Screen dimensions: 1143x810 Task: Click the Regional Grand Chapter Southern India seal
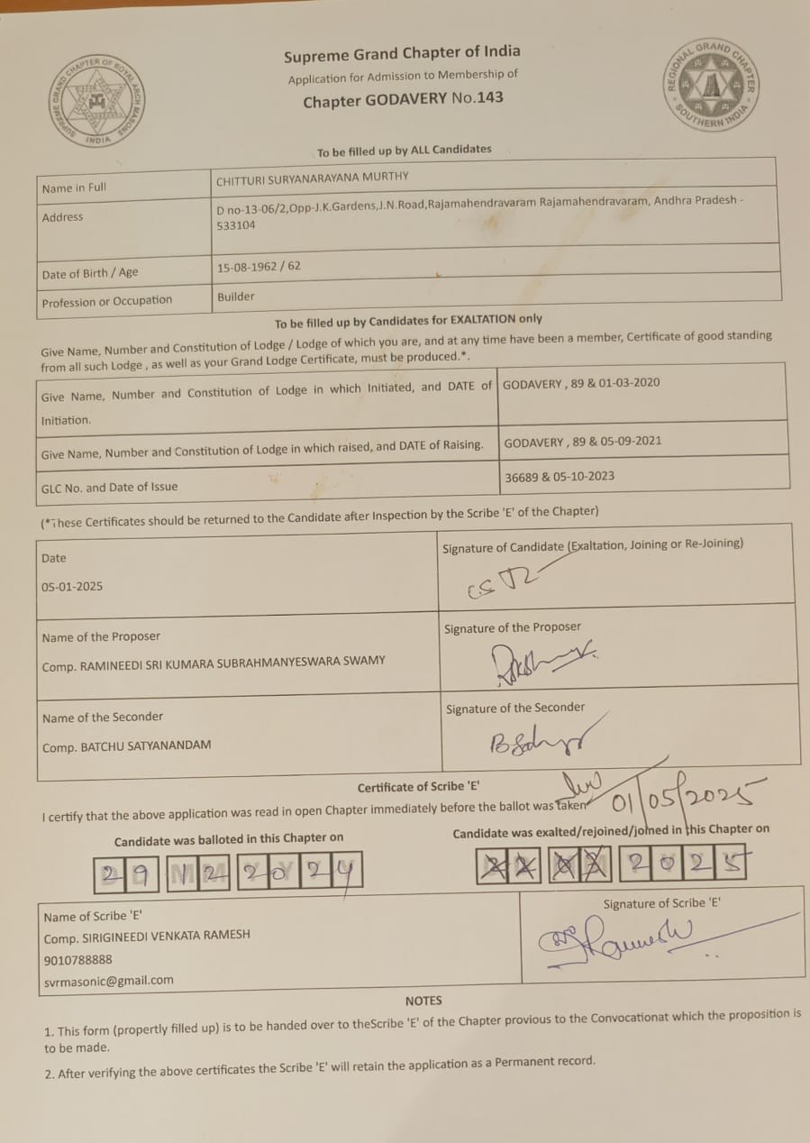[712, 86]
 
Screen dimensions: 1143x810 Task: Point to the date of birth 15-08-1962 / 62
[259, 267]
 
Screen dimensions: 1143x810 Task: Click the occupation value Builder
[236, 297]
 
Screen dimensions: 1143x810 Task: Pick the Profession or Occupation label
[106, 301]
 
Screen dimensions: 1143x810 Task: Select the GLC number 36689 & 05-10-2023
[559, 476]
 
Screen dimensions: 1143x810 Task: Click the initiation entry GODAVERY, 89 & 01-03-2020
[581, 383]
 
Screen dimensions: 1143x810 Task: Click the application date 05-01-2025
[72, 586]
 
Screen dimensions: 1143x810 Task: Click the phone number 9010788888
[78, 959]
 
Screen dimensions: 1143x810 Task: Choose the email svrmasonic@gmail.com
[108, 980]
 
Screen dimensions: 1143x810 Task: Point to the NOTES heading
[423, 1001]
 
